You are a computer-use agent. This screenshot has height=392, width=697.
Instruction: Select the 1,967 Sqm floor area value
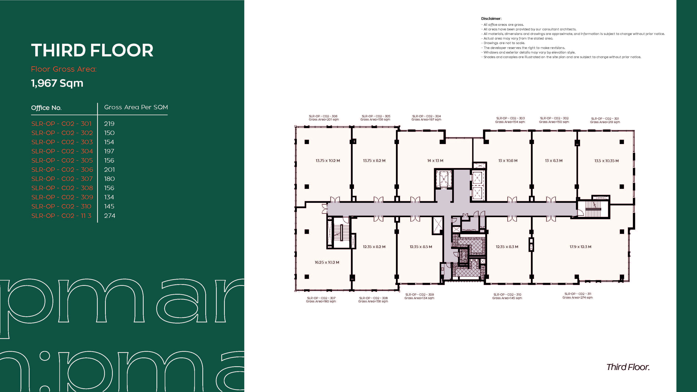pos(57,83)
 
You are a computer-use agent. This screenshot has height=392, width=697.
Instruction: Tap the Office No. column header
pos(46,108)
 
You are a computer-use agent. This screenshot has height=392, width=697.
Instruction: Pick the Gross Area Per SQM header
pos(136,107)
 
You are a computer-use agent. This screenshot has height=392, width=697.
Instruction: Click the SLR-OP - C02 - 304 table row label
pos(62,151)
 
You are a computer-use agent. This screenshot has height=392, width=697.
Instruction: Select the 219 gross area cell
pos(109,124)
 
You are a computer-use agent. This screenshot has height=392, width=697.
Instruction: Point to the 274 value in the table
pos(110,216)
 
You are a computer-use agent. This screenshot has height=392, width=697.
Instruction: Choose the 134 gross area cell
pos(109,197)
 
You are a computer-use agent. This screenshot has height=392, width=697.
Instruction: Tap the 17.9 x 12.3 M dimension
pos(580,247)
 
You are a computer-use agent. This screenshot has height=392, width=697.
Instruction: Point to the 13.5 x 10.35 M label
pos(606,161)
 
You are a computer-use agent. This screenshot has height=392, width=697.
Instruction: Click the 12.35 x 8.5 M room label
pos(421,247)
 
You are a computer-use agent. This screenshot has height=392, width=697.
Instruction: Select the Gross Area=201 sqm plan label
pos(324,120)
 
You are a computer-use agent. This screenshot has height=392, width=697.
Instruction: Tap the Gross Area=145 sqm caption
pos(507,298)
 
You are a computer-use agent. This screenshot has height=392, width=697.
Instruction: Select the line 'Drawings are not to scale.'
pos(503,43)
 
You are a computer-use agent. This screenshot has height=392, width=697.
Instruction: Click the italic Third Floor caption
pos(628,367)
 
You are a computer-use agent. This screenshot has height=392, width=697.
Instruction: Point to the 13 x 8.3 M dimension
pos(554,161)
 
